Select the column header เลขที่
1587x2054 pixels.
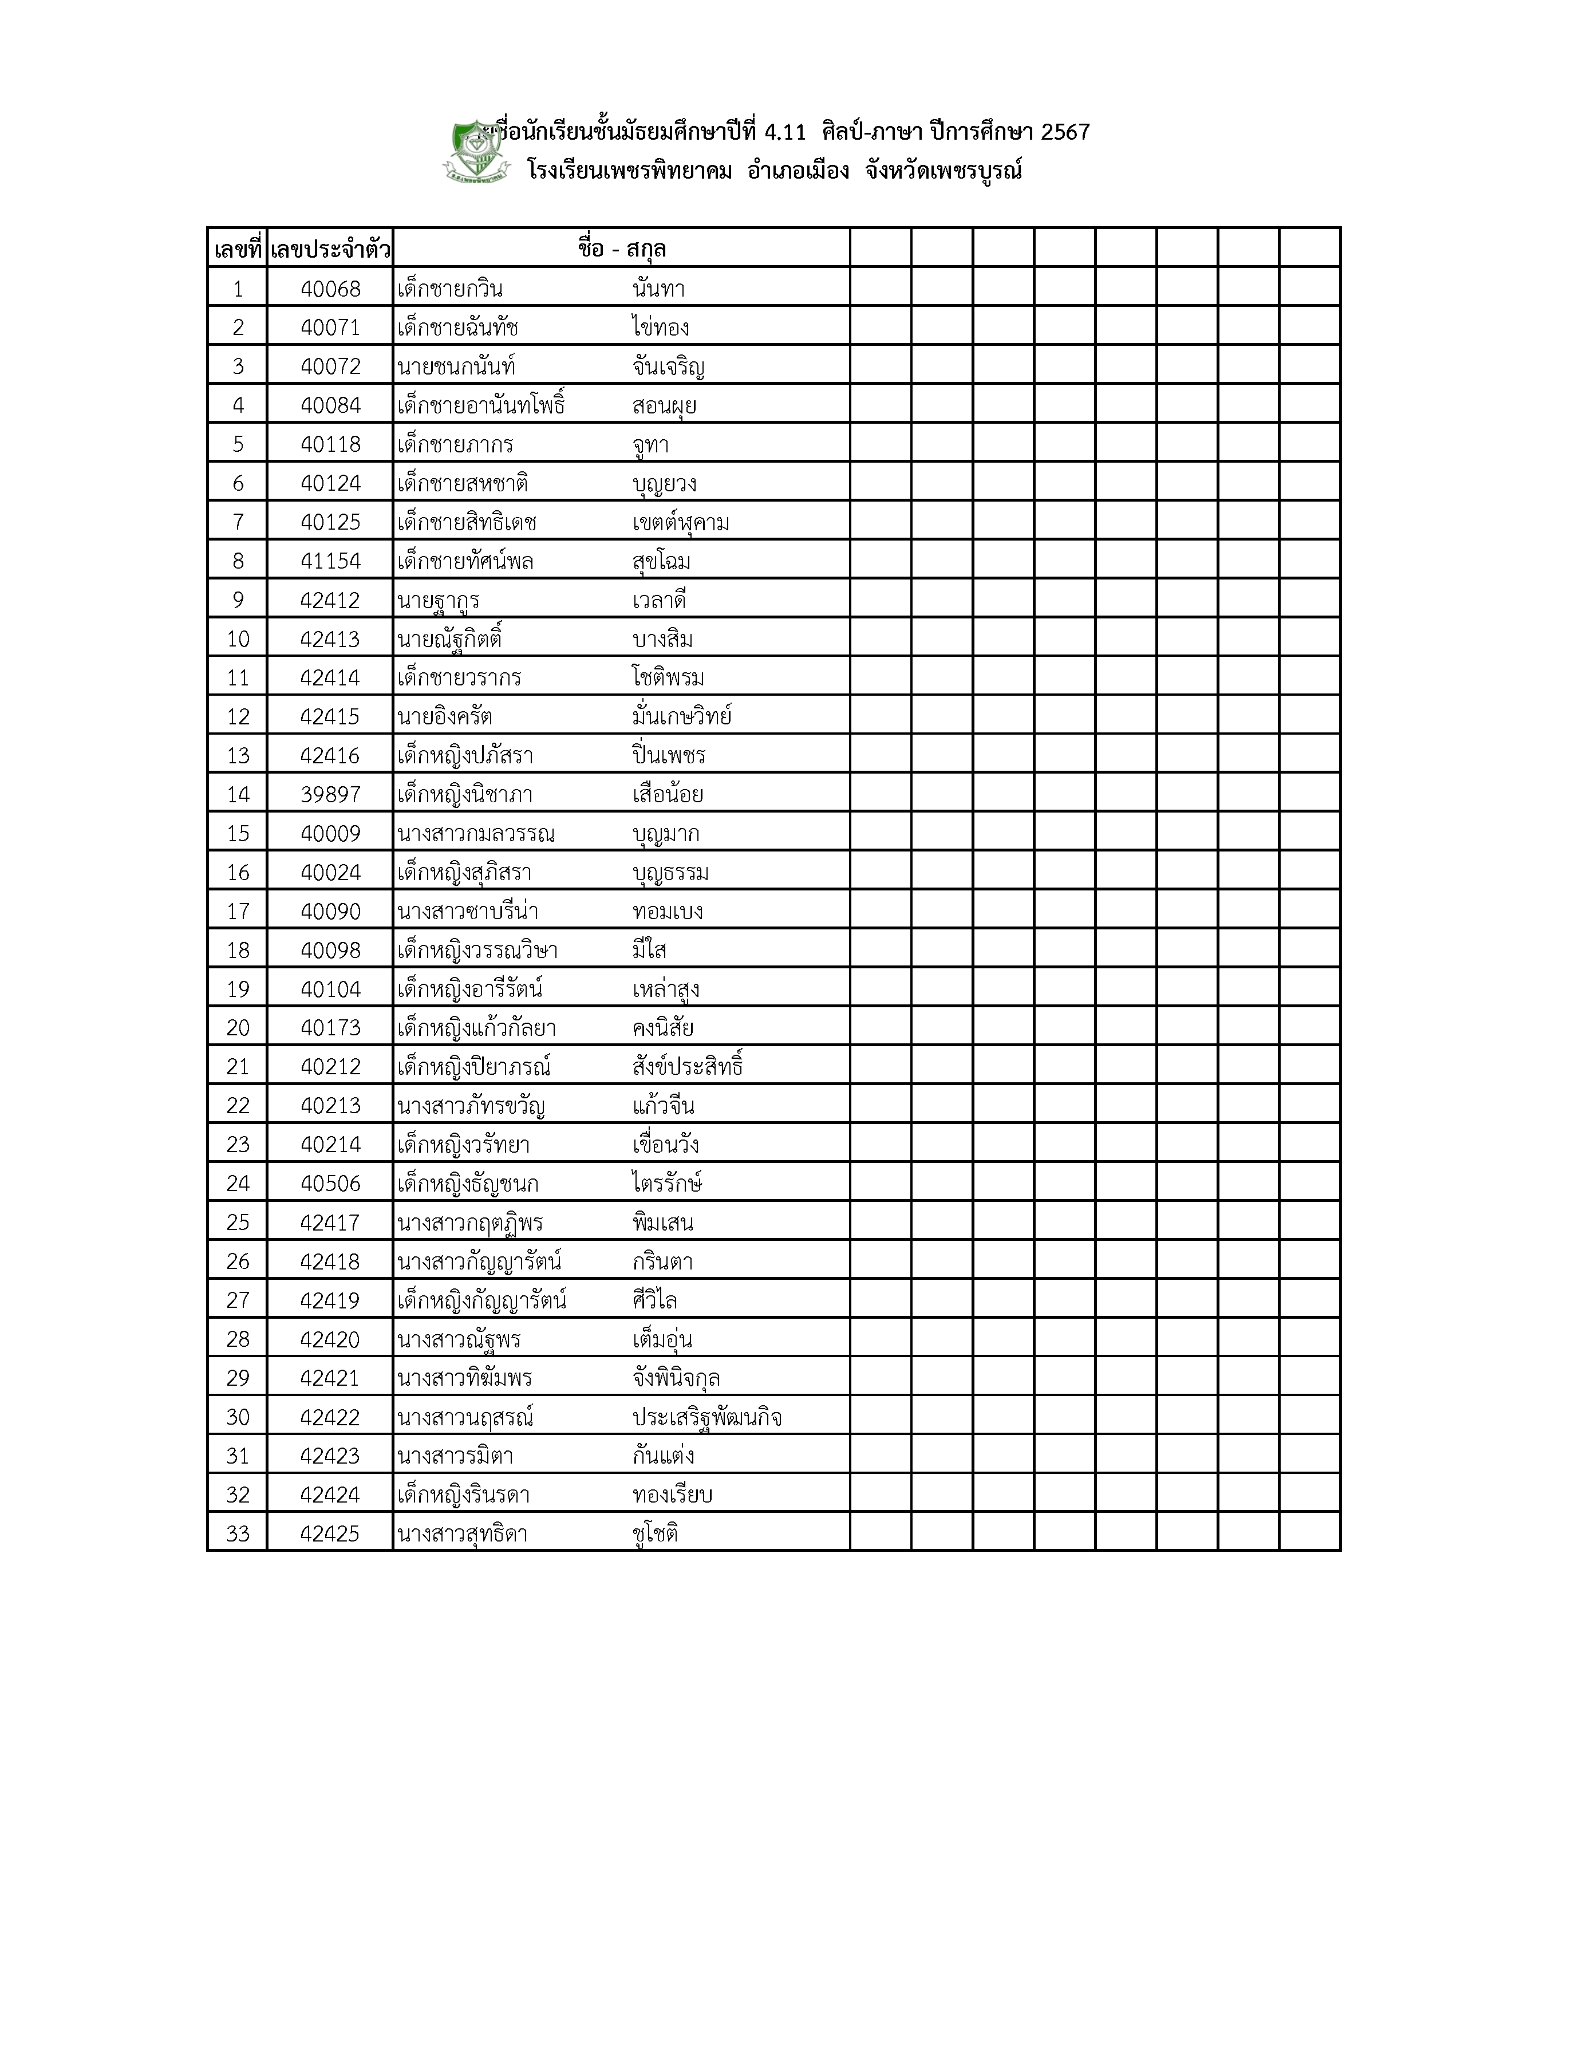(237, 250)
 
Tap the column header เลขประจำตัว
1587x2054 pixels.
(330, 250)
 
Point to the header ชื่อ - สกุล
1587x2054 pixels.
(621, 250)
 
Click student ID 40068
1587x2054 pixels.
(330, 289)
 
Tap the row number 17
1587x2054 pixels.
(238, 911)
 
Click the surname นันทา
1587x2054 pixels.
(658, 289)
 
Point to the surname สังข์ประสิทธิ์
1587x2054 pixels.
(688, 1066)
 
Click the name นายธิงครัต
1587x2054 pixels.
(445, 717)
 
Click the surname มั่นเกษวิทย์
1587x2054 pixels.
(682, 717)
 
